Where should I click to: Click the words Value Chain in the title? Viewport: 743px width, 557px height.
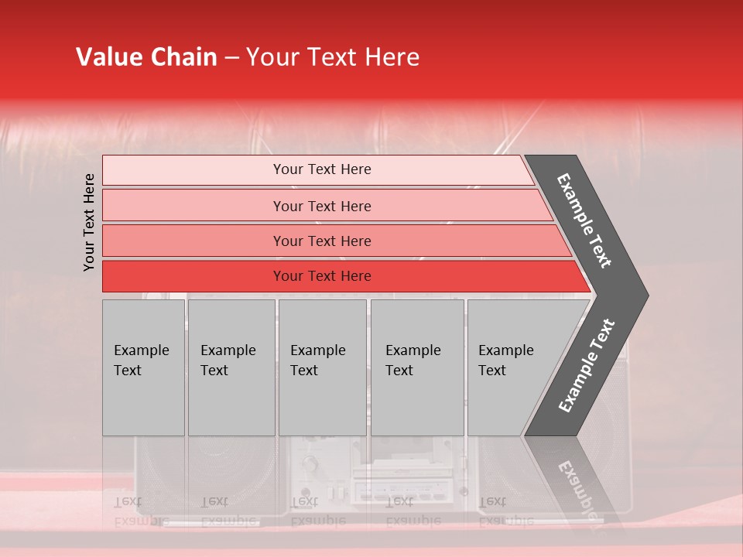(x=146, y=57)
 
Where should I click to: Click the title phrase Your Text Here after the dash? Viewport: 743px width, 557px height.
(x=332, y=57)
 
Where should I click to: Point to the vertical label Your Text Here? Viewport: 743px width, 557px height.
(x=90, y=222)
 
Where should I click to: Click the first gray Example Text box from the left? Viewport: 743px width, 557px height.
(x=143, y=367)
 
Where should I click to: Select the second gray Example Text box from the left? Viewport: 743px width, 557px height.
(x=231, y=367)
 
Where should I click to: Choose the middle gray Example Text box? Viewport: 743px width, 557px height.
(x=322, y=367)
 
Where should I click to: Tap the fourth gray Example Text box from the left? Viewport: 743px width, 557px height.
(x=417, y=367)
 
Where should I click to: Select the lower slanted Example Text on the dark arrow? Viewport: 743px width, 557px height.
(x=587, y=365)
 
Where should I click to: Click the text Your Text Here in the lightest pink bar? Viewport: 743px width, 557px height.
(x=322, y=169)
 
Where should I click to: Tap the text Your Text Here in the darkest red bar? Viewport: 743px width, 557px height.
(x=322, y=276)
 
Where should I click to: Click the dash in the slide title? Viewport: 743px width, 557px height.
(x=231, y=58)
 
